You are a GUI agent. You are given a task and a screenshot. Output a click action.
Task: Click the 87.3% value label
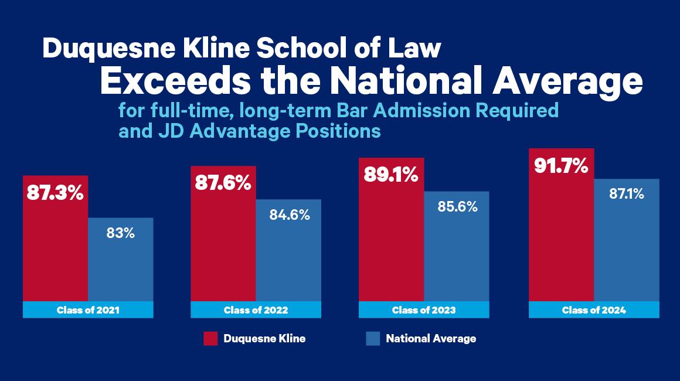point(55,193)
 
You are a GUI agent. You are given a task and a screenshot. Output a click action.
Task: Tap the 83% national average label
point(121,233)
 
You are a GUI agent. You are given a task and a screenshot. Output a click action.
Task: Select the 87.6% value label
point(223,183)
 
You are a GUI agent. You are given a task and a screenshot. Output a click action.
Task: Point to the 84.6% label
point(290,215)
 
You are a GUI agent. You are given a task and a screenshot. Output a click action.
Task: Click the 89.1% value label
point(391,175)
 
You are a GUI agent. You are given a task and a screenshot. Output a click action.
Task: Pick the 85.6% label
point(457,207)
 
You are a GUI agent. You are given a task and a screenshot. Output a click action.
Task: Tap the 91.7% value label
point(561,165)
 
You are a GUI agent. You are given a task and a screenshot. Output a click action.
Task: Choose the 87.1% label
point(627,194)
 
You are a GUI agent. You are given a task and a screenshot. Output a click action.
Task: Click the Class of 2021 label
point(88,310)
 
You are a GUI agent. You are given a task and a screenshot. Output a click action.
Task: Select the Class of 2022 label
point(256,310)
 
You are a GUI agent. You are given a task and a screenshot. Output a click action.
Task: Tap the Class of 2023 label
point(424,310)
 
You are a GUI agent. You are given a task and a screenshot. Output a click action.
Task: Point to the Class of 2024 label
point(594,310)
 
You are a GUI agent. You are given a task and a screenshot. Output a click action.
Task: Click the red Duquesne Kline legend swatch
point(210,339)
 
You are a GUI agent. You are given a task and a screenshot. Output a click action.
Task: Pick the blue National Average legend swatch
point(373,339)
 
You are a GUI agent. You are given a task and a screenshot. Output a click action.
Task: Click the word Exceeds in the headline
point(175,81)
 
